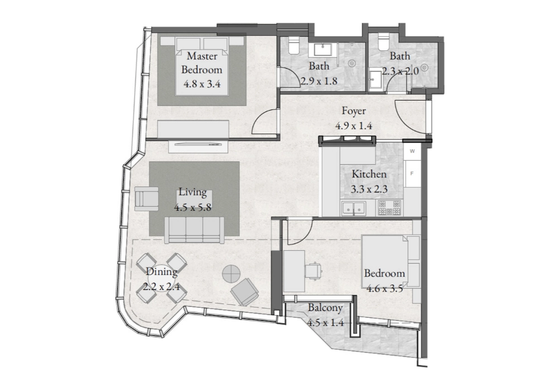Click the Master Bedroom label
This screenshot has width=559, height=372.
pos(202,63)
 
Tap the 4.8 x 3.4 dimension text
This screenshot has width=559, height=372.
pos(202,84)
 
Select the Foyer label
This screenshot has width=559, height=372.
pos(354,111)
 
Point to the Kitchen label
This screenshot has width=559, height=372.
pos(369,174)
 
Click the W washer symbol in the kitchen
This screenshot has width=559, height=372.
pos(412,151)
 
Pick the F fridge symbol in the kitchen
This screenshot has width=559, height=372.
pos(412,174)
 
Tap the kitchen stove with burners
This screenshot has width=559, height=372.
pos(390,208)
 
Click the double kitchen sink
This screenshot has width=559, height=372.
pos(353,208)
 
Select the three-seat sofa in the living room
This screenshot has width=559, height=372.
pos(195,231)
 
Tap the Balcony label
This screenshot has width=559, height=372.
pos(325,308)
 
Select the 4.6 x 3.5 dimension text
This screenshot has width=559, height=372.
pos(385,288)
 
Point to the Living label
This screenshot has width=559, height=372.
pos(192,192)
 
